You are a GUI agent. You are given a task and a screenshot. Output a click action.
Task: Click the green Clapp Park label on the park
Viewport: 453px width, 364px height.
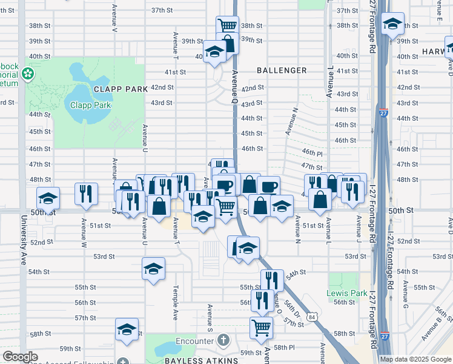click(x=90, y=104)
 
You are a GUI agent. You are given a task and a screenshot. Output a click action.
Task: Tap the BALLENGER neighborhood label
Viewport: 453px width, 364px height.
click(x=282, y=70)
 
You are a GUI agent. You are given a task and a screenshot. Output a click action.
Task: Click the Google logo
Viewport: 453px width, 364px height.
click(x=20, y=357)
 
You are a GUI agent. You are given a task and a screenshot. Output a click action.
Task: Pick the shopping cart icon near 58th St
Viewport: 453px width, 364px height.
click(x=262, y=327)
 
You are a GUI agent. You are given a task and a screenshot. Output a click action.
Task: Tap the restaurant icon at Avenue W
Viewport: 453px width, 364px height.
click(x=85, y=193)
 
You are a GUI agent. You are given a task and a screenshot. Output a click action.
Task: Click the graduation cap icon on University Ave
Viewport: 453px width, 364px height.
click(x=48, y=198)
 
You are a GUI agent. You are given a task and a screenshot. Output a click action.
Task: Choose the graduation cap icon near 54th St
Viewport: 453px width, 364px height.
click(x=153, y=268)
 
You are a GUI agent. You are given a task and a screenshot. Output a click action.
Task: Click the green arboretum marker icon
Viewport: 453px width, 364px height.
click(x=27, y=74)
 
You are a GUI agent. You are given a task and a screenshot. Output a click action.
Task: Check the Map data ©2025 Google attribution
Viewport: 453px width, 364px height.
click(x=415, y=359)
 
